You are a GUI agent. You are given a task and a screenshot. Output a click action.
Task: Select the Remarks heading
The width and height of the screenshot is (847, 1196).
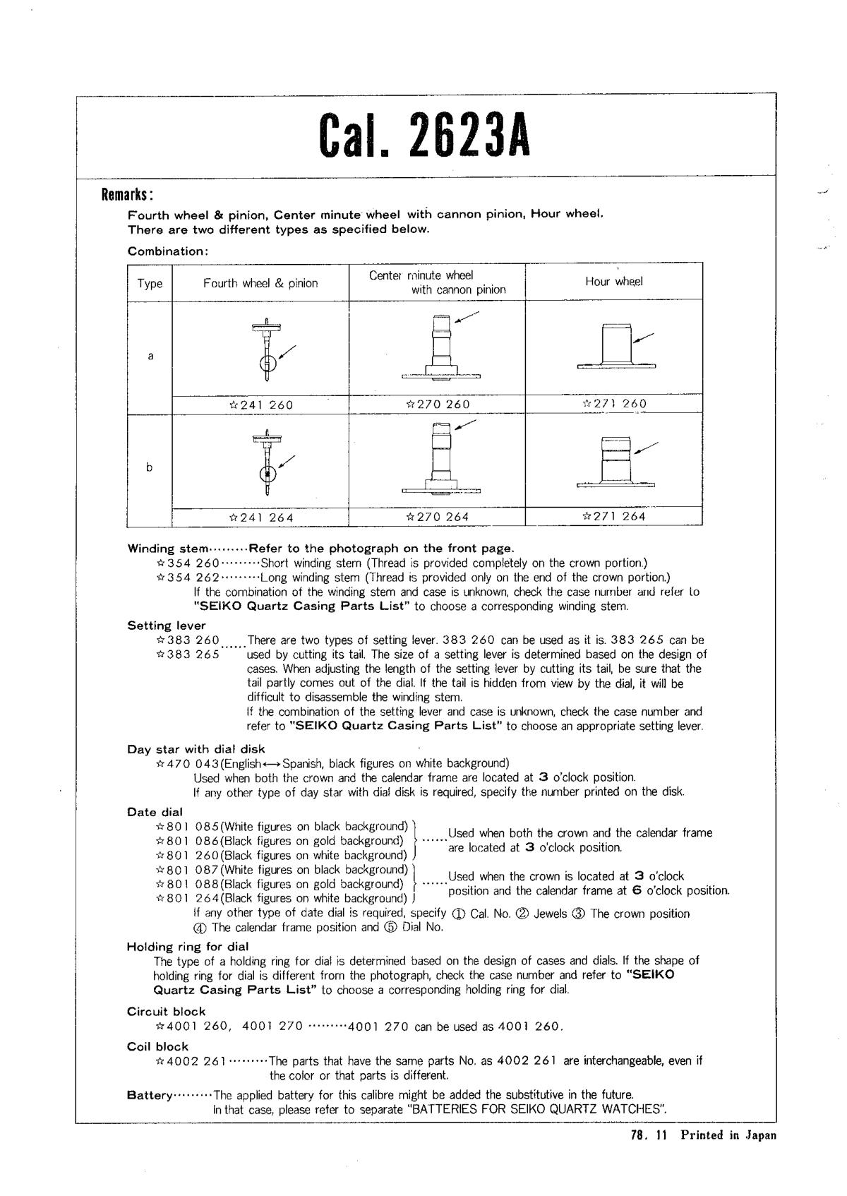pos(128,195)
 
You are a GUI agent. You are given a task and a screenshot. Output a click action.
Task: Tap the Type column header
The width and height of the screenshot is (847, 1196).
pos(150,283)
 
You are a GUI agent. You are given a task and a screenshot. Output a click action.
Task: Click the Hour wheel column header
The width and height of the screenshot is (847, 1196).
pos(613,281)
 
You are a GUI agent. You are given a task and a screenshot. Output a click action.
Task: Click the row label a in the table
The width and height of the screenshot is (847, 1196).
pos(150,356)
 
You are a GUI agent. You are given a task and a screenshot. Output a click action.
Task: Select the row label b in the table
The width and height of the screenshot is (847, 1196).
pos(150,467)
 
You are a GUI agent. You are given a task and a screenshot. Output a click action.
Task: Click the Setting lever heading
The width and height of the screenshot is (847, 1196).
pos(167,626)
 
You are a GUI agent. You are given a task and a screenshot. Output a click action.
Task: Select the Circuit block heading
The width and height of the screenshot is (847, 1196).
pos(166,1011)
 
